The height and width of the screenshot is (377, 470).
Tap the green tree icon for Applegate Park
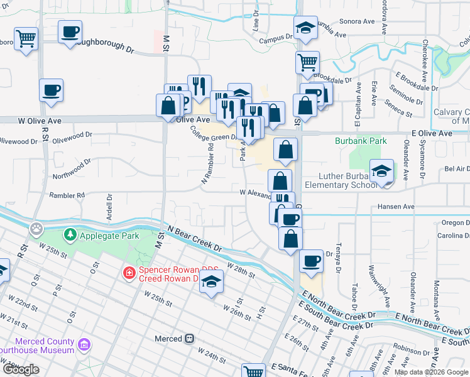pos(70,236)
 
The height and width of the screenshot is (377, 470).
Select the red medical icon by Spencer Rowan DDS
pos(129,273)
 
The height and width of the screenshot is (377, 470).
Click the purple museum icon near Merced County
pos(84,344)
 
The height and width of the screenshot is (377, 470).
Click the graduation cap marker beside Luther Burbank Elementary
pos(381,171)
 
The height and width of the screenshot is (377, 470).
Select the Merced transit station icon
pos(189,339)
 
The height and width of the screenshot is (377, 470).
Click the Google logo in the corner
pos(21,369)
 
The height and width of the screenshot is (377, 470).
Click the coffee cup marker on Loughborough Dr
pos(70,31)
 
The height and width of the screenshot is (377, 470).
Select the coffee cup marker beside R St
pos(51,90)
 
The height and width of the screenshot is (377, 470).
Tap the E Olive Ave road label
pos(432,134)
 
